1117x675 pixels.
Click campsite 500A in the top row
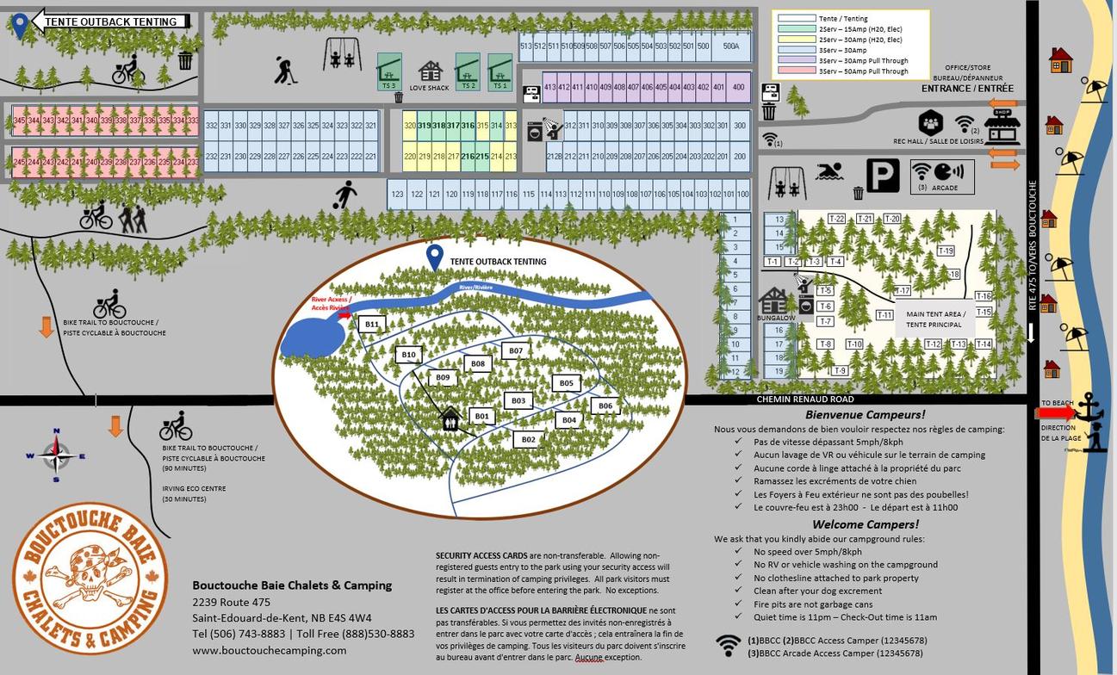pyautogui.click(x=731, y=46)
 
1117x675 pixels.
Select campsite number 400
pyautogui.click(x=738, y=87)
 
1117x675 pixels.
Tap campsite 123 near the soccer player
pyautogui.click(x=397, y=195)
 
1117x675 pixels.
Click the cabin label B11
pyautogui.click(x=372, y=325)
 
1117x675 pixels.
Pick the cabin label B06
pyautogui.click(x=605, y=406)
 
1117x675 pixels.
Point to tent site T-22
pyautogui.click(x=836, y=219)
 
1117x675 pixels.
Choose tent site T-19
pyautogui.click(x=946, y=251)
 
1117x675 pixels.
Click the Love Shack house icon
pyautogui.click(x=429, y=71)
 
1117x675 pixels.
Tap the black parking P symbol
pyautogui.click(x=883, y=176)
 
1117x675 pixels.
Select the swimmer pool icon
pyautogui.click(x=828, y=171)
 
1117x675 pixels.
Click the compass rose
pyautogui.click(x=57, y=454)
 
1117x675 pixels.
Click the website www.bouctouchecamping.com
pyautogui.click(x=270, y=650)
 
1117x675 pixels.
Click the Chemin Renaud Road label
pyautogui.click(x=805, y=399)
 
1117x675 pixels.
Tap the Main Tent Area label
pyautogui.click(x=935, y=319)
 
